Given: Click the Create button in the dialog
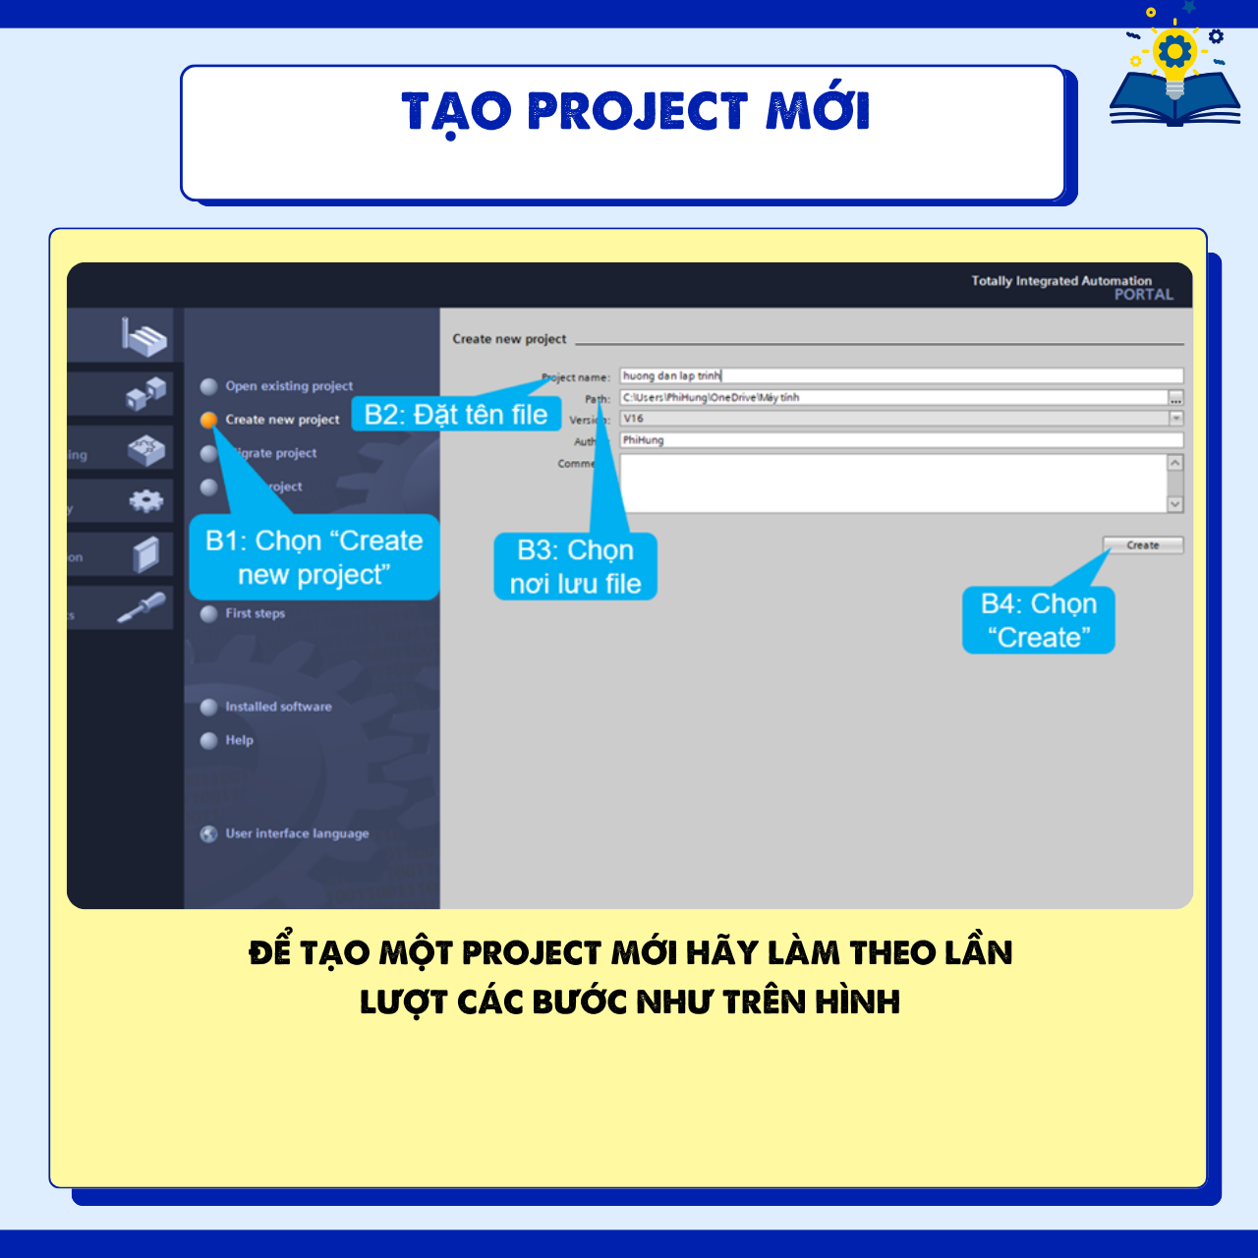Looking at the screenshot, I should click(x=1142, y=545).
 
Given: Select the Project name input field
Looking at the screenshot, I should click(x=900, y=376).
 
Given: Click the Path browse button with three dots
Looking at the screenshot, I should click(x=1175, y=398).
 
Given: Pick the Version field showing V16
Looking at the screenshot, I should click(x=894, y=419).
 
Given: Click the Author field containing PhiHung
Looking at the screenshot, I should click(x=900, y=440).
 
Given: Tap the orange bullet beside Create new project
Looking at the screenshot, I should click(x=208, y=420).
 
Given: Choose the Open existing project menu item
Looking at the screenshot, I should click(x=288, y=386).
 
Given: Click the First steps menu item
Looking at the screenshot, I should click(x=255, y=613).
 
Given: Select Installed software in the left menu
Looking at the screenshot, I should click(x=278, y=707).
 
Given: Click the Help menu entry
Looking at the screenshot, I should click(x=239, y=740).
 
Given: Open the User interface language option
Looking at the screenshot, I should click(x=297, y=833).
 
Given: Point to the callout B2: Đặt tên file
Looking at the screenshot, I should click(x=456, y=415).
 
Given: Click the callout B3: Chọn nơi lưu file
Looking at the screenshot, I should click(x=576, y=567).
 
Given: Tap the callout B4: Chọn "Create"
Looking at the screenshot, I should click(x=1039, y=620).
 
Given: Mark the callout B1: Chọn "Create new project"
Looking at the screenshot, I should click(x=314, y=557).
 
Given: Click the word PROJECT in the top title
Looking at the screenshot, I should click(x=638, y=111).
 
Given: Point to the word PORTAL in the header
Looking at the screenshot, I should click(x=1143, y=295).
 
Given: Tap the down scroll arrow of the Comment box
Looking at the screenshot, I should click(x=1175, y=504).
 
